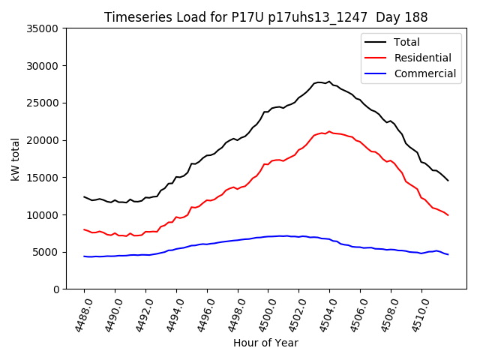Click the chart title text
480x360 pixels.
(x=265, y=17)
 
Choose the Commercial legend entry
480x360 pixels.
(x=424, y=73)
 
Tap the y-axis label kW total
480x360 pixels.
(x=15, y=159)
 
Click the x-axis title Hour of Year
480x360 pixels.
(x=265, y=343)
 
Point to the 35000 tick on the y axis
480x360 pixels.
(x=43, y=28)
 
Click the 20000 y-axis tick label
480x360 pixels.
(x=43, y=140)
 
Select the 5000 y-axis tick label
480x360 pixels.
(x=46, y=252)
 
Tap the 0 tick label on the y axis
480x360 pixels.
(x=55, y=289)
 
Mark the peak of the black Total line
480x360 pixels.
(x=328, y=82)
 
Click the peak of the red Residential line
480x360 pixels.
(x=328, y=131)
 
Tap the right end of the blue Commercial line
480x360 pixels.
(x=448, y=254)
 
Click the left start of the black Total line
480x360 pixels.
(x=84, y=196)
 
